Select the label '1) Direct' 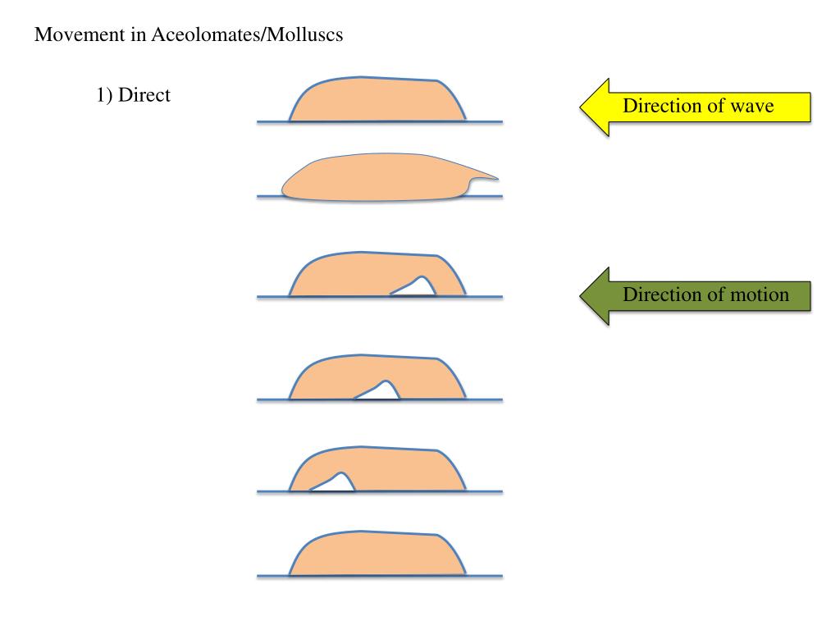click(133, 95)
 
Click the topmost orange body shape click(377, 100)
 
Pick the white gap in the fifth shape click(336, 484)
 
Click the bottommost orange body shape click(377, 554)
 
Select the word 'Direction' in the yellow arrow click(659, 106)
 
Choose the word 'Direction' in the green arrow click(659, 294)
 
